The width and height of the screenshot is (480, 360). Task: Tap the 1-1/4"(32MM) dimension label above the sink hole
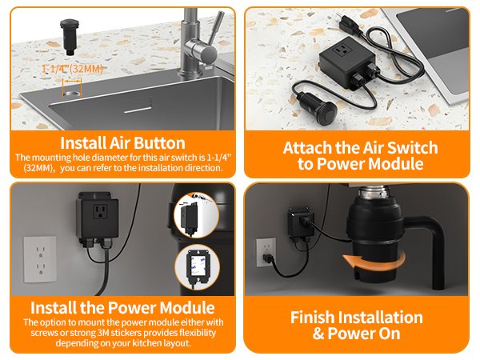[x=72, y=70]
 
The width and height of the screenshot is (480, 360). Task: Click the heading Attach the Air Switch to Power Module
[x=360, y=155]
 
